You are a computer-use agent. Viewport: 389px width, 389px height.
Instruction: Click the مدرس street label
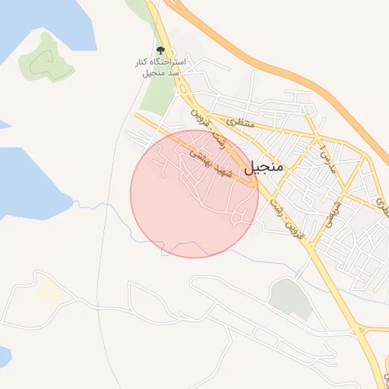click(325, 155)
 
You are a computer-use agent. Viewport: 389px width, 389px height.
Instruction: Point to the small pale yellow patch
click(49, 290)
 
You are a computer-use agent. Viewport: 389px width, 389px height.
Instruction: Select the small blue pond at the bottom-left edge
click(4, 357)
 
